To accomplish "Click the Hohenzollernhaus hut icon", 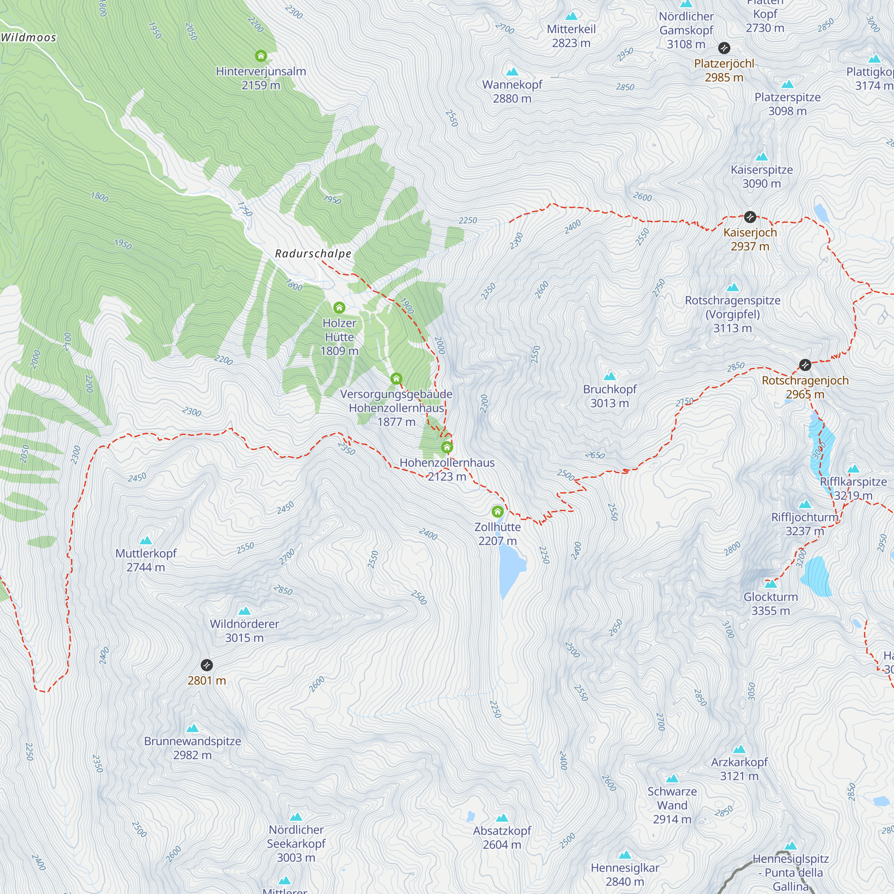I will pyautogui.click(x=447, y=447).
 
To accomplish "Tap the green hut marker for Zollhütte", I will pyautogui.click(x=498, y=511).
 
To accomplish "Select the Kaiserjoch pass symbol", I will pyautogui.click(x=750, y=216).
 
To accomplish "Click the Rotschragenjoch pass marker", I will pyautogui.click(x=805, y=365).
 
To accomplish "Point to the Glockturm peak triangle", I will pyautogui.click(x=771, y=584).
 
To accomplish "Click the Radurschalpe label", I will pyautogui.click(x=313, y=253).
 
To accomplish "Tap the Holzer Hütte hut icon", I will pyautogui.click(x=339, y=307).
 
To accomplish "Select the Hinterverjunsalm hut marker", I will pyautogui.click(x=261, y=56).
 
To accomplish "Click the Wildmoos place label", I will pyautogui.click(x=29, y=38).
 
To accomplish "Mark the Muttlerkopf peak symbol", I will pyautogui.click(x=146, y=540).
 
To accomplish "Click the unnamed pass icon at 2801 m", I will pyautogui.click(x=207, y=666).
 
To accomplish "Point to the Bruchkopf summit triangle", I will pyautogui.click(x=610, y=376).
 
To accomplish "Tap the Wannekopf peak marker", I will pyautogui.click(x=512, y=72).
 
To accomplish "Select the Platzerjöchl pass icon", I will pyautogui.click(x=724, y=48).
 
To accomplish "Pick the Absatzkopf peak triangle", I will pyautogui.click(x=502, y=818).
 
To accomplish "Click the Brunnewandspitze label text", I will pyautogui.click(x=193, y=741).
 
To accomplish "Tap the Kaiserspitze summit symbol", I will pyautogui.click(x=762, y=157).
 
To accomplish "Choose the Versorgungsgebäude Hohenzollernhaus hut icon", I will pyautogui.click(x=396, y=379).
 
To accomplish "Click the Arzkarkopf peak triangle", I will pyautogui.click(x=739, y=749).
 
